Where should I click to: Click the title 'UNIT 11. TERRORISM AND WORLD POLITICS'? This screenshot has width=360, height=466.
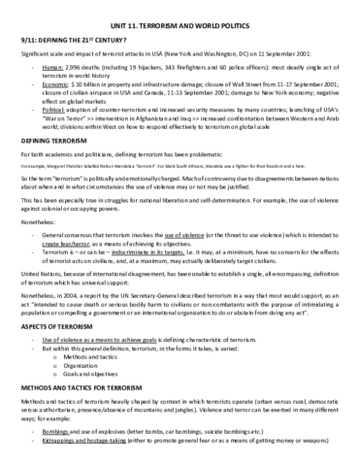[179, 13]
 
